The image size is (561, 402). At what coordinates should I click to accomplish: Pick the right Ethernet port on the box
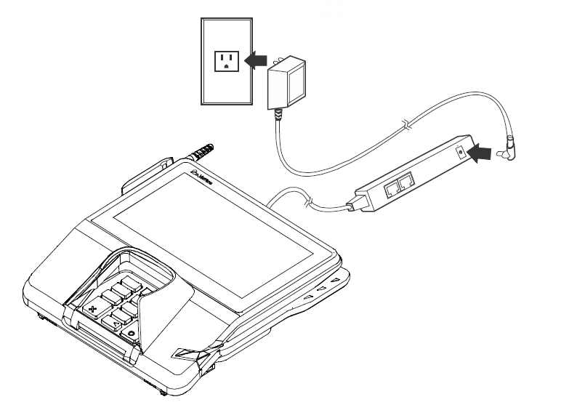pyautogui.click(x=410, y=180)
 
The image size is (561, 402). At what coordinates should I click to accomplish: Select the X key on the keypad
pyautogui.click(x=93, y=310)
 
